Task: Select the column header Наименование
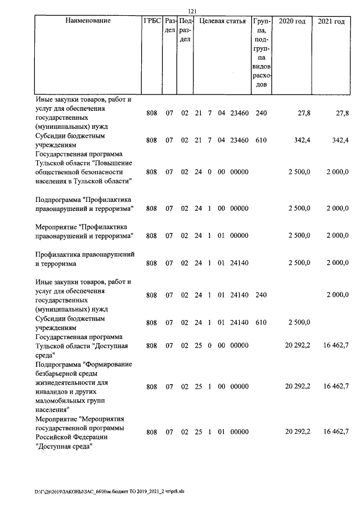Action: pyautogui.click(x=88, y=21)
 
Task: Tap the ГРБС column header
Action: pyautogui.click(x=152, y=21)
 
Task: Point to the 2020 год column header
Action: pyautogui.click(x=292, y=21)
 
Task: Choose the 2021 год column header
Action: pyautogui.click(x=331, y=21)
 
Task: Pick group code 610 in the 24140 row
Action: pyautogui.click(x=261, y=322)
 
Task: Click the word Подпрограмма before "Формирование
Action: pyautogui.click(x=57, y=364)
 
